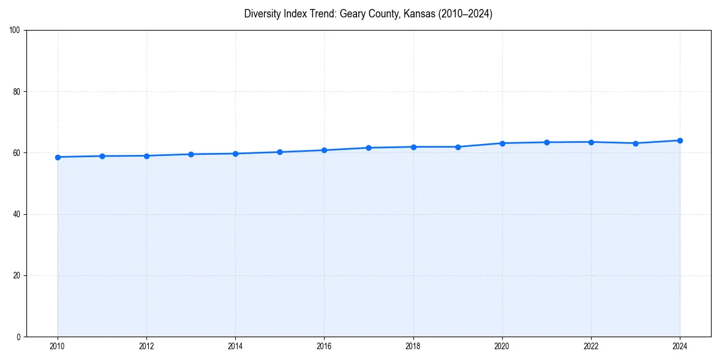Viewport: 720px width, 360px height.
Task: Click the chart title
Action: point(368,14)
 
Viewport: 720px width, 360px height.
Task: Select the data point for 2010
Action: point(58,157)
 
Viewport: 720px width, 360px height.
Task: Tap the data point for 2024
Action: point(680,140)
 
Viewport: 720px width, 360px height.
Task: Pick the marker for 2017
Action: point(368,148)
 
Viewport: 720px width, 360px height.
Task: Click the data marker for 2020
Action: point(502,143)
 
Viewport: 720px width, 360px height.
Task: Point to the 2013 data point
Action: point(191,154)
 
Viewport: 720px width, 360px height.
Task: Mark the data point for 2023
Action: point(635,143)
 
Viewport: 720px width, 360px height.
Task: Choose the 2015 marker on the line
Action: point(280,152)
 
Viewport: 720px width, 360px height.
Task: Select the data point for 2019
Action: point(458,147)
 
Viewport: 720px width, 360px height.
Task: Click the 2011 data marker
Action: point(102,156)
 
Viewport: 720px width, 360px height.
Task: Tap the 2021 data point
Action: point(547,142)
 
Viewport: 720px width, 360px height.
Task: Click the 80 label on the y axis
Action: point(17,92)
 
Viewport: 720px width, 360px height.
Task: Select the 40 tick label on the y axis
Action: point(17,214)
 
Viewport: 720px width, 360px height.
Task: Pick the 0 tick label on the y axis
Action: point(19,337)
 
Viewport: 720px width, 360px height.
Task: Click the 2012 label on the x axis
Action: point(146,346)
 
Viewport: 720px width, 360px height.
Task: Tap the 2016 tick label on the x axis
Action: point(324,346)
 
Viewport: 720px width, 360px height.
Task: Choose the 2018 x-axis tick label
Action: point(413,346)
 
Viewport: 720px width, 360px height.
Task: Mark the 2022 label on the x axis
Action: point(591,346)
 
